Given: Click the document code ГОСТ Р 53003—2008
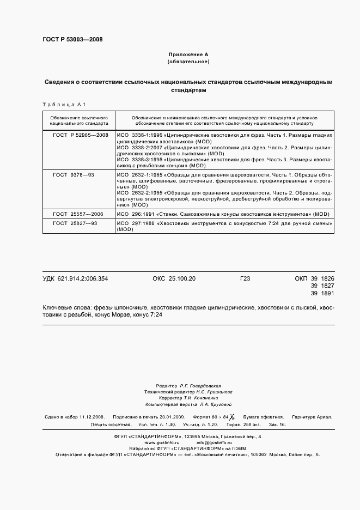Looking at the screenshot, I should pos(72,39).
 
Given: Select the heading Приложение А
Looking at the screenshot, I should pos(188,55).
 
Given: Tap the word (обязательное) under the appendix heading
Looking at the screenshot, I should pos(188,62).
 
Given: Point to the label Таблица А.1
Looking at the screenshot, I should pos(60,104).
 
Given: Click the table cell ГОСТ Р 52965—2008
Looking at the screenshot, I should pos(80,134).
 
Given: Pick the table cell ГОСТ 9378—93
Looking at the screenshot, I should pos(74,174).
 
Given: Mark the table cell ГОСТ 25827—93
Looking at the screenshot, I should pos(75,223).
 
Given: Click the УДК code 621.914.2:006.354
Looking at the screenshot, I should pos(83,278).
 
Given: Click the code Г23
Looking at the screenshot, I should pos(245,278).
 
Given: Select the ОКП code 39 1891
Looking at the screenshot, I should pos(322,294).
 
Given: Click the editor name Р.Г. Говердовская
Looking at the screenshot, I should pos(199,385).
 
